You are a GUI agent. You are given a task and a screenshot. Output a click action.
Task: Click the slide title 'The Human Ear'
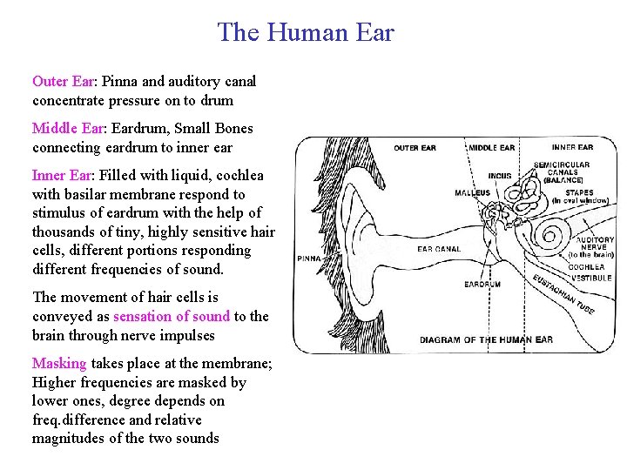(x=306, y=33)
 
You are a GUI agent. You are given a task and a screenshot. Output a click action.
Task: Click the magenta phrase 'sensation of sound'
(x=172, y=317)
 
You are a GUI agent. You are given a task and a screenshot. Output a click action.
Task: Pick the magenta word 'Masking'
(x=59, y=364)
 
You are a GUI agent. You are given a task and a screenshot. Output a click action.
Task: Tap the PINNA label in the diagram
(x=308, y=258)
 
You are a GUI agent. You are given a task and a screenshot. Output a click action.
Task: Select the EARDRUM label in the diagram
(x=482, y=285)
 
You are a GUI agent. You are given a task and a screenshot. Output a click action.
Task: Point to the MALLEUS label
(x=471, y=192)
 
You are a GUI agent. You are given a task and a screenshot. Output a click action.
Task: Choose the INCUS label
(x=499, y=176)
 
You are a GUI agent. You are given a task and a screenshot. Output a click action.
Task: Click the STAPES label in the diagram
(x=579, y=192)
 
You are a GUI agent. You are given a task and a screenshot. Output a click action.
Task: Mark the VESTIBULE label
(x=591, y=278)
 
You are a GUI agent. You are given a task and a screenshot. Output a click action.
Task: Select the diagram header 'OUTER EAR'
(x=415, y=148)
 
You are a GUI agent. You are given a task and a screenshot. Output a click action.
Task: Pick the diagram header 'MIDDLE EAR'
(x=492, y=148)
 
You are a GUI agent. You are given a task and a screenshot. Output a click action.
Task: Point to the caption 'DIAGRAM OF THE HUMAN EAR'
(x=487, y=340)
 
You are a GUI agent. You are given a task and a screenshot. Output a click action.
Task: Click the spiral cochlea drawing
(x=551, y=236)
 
